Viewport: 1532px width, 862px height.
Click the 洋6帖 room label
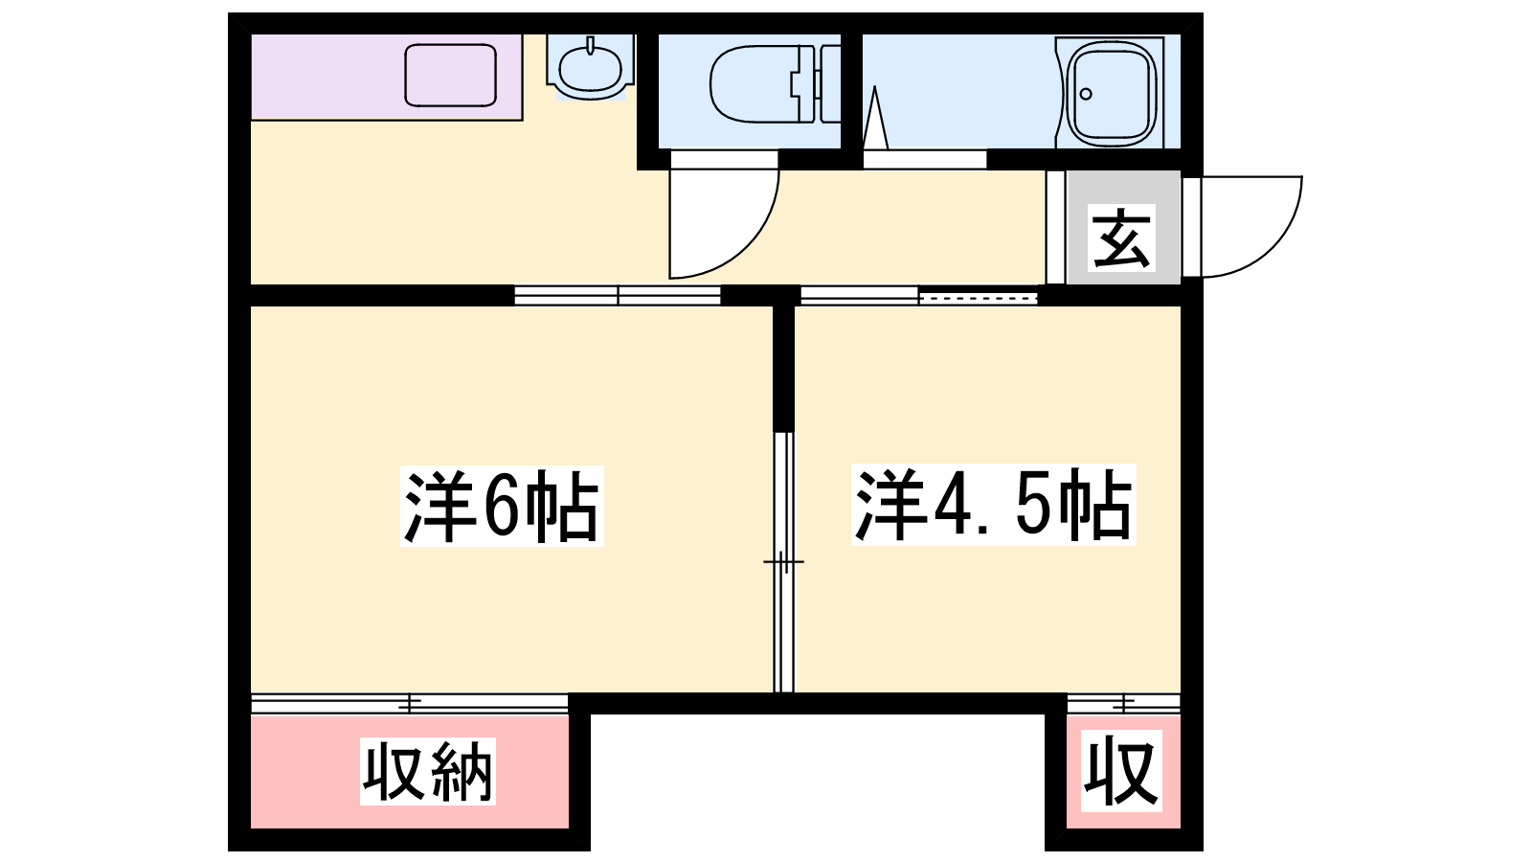502,506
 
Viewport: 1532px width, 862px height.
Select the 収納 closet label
427,771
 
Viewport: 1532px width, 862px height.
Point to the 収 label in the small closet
1121,771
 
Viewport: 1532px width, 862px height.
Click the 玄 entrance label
1121,237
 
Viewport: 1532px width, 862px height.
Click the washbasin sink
590,67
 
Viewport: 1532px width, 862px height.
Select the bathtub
1110,92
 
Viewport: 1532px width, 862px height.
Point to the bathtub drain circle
1086,95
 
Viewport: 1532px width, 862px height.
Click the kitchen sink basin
450,76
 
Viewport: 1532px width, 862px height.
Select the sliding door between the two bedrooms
784,561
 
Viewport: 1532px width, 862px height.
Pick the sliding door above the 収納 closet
409,704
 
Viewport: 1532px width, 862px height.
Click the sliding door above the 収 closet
1124,704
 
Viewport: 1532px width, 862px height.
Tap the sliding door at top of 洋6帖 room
618,296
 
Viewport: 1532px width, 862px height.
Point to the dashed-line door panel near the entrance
978,298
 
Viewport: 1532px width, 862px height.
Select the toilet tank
830,83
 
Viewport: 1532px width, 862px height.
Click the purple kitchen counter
387,78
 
